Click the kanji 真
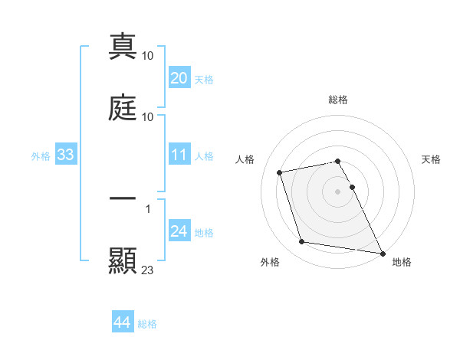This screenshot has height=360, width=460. [123, 47]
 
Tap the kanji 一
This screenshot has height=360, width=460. [123, 198]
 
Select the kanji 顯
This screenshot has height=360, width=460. [123, 260]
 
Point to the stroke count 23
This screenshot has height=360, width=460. [148, 270]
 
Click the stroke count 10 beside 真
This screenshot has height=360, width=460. [148, 56]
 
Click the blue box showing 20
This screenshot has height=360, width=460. [179, 78]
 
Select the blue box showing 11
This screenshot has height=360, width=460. [179, 155]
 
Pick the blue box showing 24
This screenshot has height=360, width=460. [179, 231]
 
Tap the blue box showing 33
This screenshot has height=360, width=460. [65, 155]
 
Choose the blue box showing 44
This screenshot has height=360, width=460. [122, 322]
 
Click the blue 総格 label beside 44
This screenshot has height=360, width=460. [147, 324]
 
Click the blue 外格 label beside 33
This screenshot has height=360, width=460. [41, 155]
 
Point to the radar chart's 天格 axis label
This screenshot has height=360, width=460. [431, 159]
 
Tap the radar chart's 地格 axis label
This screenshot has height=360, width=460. [402, 262]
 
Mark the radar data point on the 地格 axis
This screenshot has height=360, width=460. [381, 252]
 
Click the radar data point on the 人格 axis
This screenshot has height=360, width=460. [280, 172]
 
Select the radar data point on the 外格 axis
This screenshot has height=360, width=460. [302, 242]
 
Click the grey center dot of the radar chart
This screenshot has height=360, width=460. [338, 191]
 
